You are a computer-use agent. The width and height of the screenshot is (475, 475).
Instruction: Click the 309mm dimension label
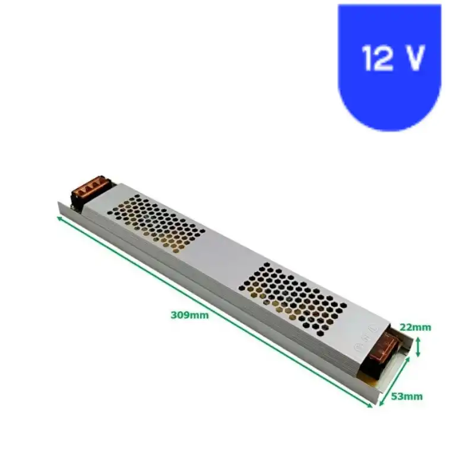[x=189, y=315]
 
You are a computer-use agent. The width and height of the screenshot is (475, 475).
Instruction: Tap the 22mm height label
[x=416, y=327]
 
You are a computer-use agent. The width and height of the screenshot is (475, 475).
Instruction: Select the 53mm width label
[x=407, y=396]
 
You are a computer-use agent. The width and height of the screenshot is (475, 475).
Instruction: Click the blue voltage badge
[x=389, y=65]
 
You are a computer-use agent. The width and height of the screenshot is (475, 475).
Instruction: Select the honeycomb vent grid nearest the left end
[x=157, y=224]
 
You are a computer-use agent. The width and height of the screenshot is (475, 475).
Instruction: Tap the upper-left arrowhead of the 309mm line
[x=59, y=218]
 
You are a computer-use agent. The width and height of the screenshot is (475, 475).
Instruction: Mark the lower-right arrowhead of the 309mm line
[x=372, y=406]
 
